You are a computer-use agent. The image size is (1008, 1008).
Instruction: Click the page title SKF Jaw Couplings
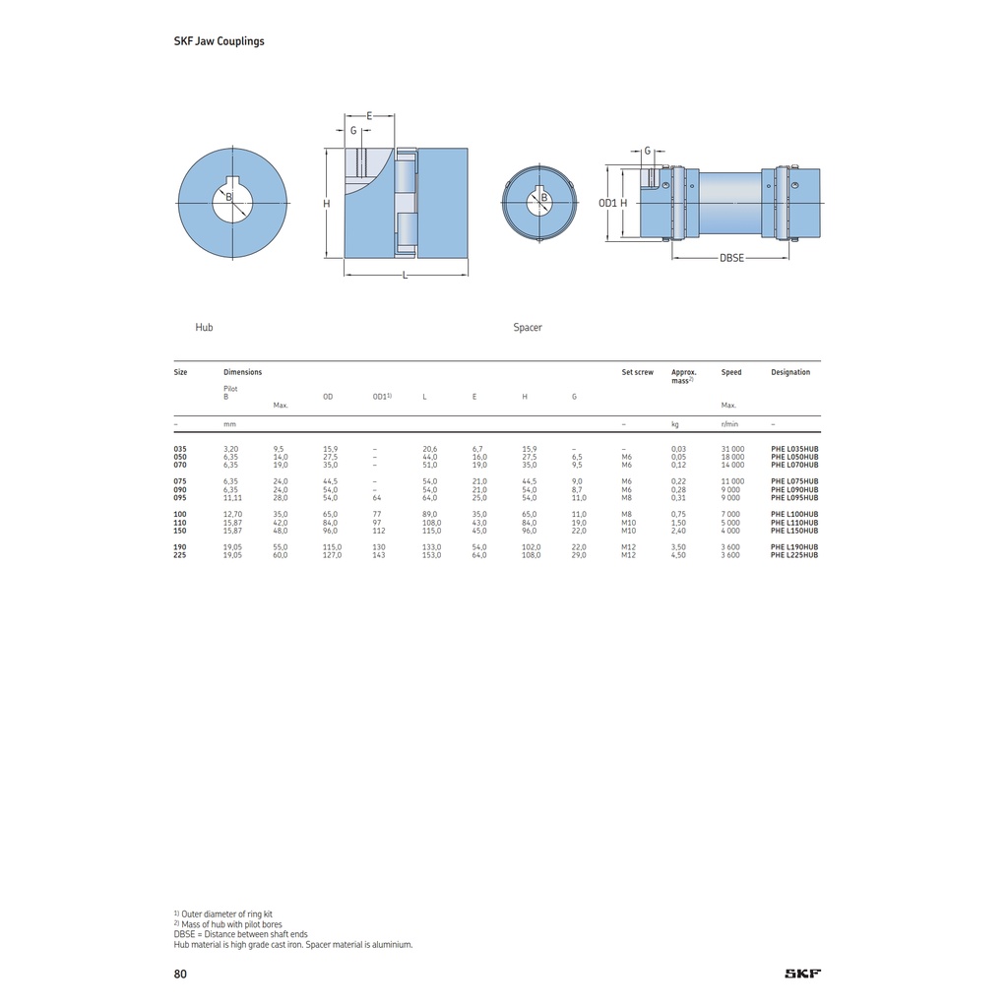(x=219, y=41)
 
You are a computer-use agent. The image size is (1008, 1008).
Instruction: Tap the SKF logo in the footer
(x=802, y=974)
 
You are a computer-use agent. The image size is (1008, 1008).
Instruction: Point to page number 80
(x=180, y=974)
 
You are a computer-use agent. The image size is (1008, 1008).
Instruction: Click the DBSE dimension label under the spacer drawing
(x=731, y=258)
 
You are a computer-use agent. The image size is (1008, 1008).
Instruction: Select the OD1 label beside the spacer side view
(x=607, y=203)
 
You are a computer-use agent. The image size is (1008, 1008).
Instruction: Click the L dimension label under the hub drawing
(x=405, y=276)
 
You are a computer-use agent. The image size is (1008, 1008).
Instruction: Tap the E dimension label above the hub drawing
(x=369, y=116)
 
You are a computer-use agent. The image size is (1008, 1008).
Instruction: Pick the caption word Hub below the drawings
(x=204, y=327)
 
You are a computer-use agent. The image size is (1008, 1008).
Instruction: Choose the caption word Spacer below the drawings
(x=528, y=327)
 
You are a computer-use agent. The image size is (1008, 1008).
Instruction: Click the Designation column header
(x=790, y=372)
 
